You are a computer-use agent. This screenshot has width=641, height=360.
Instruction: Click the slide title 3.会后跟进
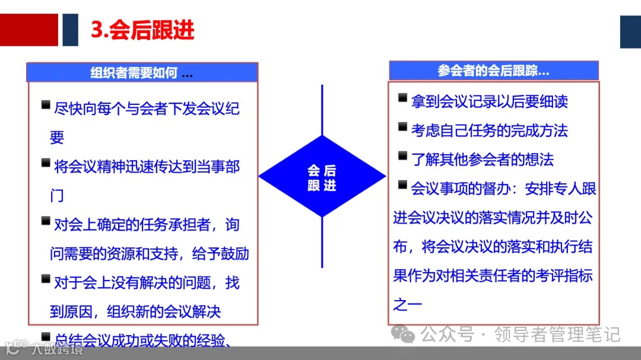coord(142,30)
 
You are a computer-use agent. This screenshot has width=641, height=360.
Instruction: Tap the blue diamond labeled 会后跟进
coord(322,177)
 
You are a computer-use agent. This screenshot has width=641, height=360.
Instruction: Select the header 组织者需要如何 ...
coord(142,73)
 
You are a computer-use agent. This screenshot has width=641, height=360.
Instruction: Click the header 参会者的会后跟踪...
coord(493,71)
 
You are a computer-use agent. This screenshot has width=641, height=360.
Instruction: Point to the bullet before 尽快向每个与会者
coord(46,105)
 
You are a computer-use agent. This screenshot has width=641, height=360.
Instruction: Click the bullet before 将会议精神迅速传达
coord(46,163)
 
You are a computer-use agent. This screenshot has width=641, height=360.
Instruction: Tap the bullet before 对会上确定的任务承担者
coord(46,221)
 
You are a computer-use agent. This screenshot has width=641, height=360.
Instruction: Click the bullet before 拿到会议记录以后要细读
coord(403,98)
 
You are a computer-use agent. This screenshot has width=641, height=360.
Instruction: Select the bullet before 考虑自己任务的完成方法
coord(403,127)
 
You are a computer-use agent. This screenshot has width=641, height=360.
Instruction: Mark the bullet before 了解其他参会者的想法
coord(403,156)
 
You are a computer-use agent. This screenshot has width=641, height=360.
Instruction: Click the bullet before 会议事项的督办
coord(403,185)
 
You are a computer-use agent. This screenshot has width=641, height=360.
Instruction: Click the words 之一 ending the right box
coord(407,305)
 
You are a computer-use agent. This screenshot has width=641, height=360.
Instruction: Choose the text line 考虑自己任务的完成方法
coord(490,130)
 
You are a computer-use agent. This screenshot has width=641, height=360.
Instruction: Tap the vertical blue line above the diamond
coord(322,110)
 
